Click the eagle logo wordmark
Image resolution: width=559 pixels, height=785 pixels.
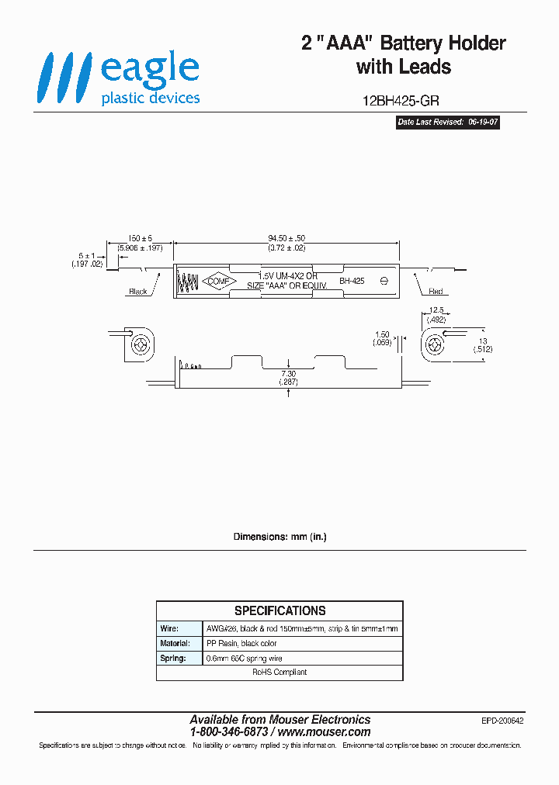[x=150, y=67]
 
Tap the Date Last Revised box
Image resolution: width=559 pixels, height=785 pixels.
[x=447, y=123]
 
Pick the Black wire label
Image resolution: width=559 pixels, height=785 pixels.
[x=138, y=292]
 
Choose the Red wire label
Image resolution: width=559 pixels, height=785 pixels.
[x=436, y=292]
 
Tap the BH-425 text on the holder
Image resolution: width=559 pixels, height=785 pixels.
[x=352, y=282]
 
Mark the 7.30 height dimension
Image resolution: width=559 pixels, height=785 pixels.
[x=288, y=373]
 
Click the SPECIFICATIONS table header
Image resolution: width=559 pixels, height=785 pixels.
[x=279, y=610]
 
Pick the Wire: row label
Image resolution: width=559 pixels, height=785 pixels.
[x=169, y=628]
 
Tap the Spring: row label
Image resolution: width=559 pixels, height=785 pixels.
[x=172, y=658]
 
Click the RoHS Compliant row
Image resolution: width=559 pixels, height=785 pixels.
[x=279, y=673]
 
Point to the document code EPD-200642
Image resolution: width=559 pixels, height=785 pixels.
[x=502, y=721]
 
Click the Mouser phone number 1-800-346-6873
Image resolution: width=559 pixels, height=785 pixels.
[x=229, y=732]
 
